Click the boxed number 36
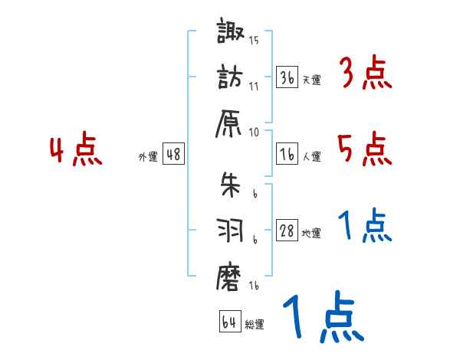(x=287, y=77)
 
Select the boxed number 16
(x=287, y=154)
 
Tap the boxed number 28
(x=287, y=231)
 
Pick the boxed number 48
(x=173, y=154)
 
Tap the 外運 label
(x=148, y=156)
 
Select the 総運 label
(x=254, y=324)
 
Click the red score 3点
(x=365, y=75)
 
